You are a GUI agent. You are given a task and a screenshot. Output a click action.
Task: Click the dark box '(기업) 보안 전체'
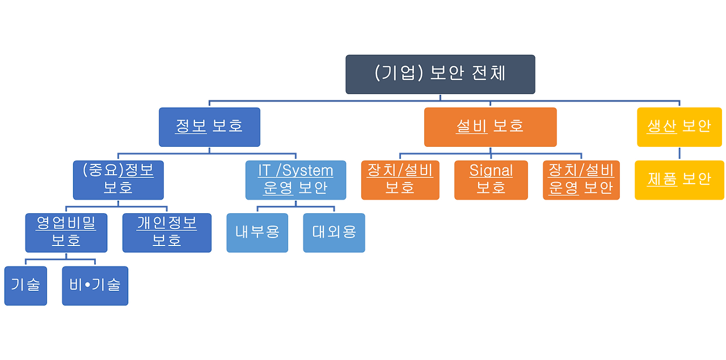click(x=440, y=74)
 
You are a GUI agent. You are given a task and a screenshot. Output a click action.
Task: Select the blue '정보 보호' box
click(x=209, y=126)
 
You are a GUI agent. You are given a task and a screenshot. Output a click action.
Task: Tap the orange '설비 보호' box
click(x=490, y=126)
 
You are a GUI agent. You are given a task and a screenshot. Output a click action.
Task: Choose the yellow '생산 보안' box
click(x=679, y=126)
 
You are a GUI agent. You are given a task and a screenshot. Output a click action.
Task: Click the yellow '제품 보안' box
click(x=679, y=180)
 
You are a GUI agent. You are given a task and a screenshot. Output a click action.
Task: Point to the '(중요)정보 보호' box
click(x=118, y=179)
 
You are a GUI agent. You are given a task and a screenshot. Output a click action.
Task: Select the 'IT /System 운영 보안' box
click(x=296, y=179)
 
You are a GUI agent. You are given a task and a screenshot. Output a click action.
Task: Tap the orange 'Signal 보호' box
click(x=491, y=180)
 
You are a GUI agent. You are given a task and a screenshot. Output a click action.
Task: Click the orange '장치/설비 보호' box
click(x=400, y=180)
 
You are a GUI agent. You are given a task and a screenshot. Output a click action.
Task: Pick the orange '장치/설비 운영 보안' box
click(x=581, y=180)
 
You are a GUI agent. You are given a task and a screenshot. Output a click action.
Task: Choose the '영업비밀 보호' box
click(x=66, y=232)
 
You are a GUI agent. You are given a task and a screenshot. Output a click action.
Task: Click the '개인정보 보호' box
click(x=167, y=232)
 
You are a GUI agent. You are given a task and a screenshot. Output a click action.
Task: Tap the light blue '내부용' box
click(x=258, y=232)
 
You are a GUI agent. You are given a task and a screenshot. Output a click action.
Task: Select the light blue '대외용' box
click(x=334, y=232)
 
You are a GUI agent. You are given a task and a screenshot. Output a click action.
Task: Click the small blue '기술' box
click(x=25, y=285)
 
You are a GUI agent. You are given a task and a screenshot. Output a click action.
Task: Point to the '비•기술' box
click(x=95, y=285)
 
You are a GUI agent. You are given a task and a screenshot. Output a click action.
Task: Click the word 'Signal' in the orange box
click(x=491, y=171)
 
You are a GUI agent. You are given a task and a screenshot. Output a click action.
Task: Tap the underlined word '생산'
click(x=662, y=126)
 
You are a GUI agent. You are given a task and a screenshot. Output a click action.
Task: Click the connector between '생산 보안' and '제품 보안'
click(x=679, y=154)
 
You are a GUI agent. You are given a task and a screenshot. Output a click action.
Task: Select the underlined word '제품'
click(x=662, y=179)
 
